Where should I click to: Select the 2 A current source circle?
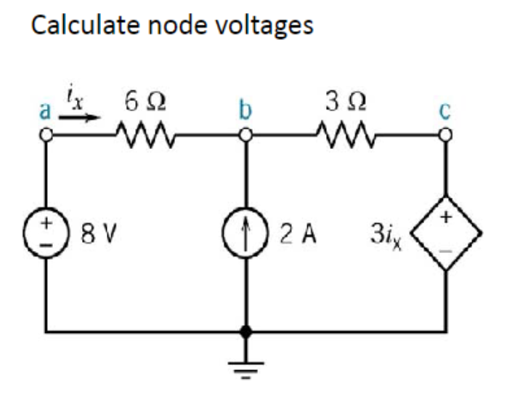(x=247, y=234)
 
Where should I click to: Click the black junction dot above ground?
(x=247, y=333)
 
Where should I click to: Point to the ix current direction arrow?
(x=84, y=117)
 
